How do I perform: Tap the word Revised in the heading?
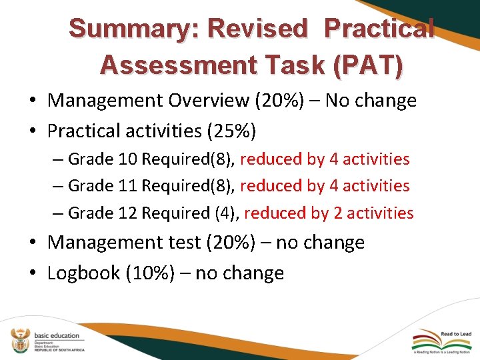(257, 29)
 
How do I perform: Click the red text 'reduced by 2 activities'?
(329, 213)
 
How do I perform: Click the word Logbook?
(83, 273)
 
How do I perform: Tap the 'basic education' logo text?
(57, 335)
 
